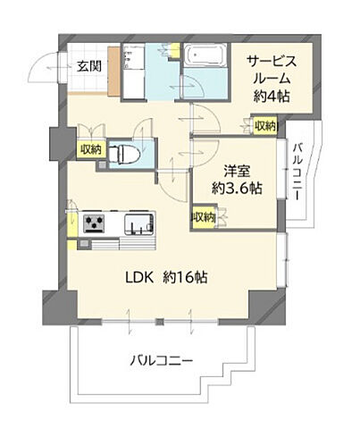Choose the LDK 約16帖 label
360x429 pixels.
pos(166,278)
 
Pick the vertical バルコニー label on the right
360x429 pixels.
pos(298,171)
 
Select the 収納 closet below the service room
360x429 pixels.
pos(264,126)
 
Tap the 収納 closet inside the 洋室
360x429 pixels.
pos(202,216)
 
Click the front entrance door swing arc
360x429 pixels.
pos(42,71)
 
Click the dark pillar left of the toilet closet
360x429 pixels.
pos(60,143)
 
